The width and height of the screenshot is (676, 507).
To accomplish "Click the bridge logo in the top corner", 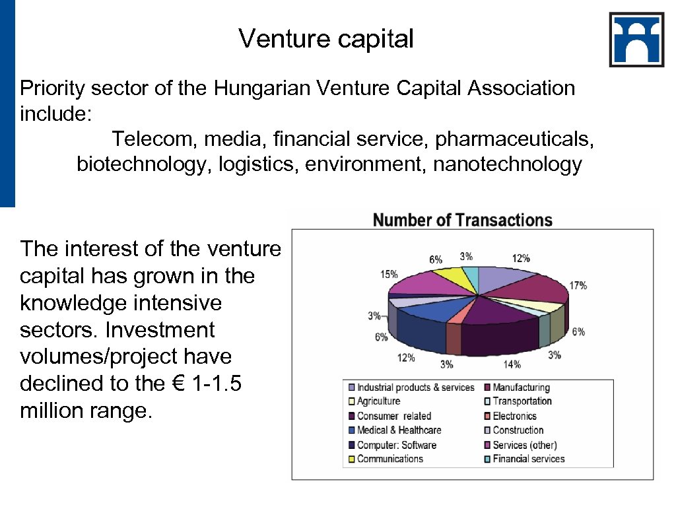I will (x=636, y=40).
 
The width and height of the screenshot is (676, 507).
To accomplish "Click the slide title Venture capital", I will (x=326, y=38).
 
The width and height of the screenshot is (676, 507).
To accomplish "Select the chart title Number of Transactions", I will (x=462, y=220).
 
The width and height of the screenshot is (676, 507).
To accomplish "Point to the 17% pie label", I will (x=578, y=286).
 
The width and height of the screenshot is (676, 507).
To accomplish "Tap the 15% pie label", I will (x=389, y=274).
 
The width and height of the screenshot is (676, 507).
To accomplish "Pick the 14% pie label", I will (x=512, y=364).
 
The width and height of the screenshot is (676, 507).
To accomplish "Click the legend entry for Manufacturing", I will (x=521, y=388).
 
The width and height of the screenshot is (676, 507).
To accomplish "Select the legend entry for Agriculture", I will (x=378, y=401).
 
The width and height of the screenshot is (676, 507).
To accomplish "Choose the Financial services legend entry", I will (x=528, y=459).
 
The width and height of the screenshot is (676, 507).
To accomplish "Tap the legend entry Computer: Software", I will (x=396, y=445).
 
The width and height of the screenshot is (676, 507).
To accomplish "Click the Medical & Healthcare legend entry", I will (x=399, y=430).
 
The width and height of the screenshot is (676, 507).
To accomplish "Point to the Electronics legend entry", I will (x=514, y=416).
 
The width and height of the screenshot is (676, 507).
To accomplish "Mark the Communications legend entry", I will (x=389, y=459).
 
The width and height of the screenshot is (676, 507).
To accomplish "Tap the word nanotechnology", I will (x=507, y=164).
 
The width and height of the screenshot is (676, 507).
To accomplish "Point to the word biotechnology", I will (x=141, y=164).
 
